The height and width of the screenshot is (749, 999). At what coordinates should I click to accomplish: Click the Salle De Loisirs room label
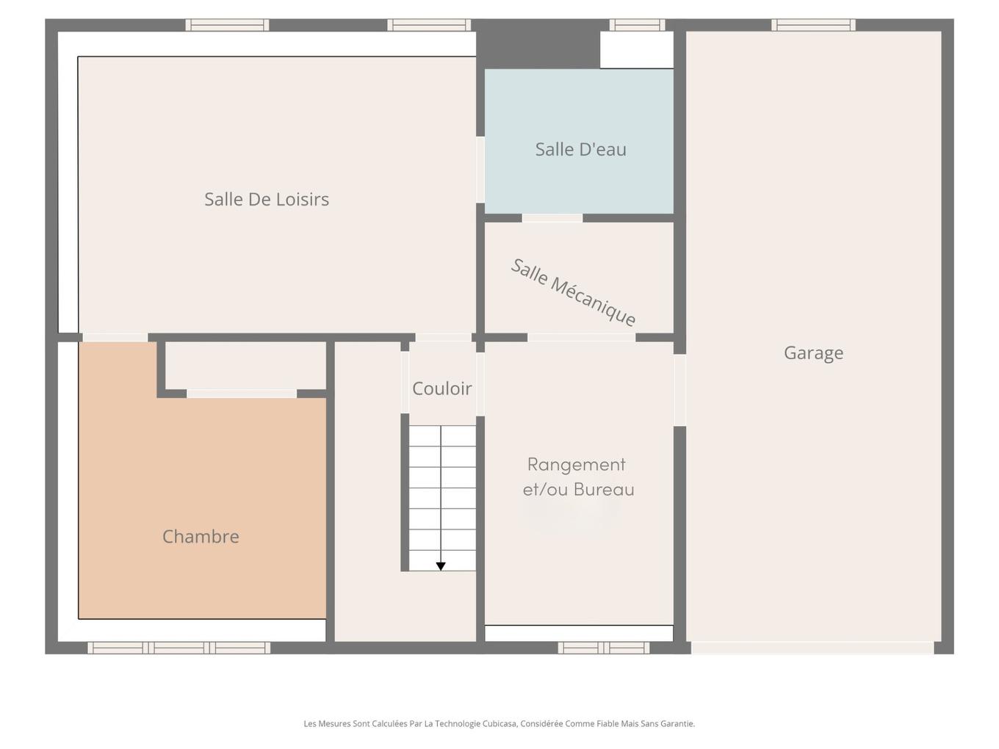pos(266,199)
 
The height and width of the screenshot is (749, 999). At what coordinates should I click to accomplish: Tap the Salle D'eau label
pos(580,149)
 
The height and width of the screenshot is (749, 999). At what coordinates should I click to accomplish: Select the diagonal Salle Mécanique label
pos(573,292)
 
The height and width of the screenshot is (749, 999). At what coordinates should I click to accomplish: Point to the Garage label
pos(813,353)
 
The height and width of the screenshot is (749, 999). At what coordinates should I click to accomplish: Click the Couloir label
pos(441,388)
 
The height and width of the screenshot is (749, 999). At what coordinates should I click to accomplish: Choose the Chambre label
pos(201,537)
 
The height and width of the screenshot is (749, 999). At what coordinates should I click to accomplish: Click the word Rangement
pos(576,465)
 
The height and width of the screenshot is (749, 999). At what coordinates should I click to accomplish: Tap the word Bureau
pos(604,489)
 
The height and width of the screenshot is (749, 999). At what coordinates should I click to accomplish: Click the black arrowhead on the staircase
pos(441,566)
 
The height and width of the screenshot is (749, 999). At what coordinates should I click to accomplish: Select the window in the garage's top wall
pos(813,25)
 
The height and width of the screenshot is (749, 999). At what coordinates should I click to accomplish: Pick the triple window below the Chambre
pos(178,648)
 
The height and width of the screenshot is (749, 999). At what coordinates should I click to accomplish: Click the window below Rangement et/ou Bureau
pos(604,648)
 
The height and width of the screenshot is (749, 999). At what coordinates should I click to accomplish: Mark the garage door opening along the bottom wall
pos(812,648)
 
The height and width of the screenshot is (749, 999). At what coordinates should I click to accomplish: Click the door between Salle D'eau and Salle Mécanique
pos(552,218)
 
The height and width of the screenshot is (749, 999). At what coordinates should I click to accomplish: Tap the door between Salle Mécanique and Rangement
pos(581,338)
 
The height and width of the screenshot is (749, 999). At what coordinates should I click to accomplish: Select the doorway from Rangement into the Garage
pos(679,390)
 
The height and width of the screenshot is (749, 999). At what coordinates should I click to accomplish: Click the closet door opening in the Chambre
pos(242,394)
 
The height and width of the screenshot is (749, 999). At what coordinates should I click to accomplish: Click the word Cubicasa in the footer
pos(501,723)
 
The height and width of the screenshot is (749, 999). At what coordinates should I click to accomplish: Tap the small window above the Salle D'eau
pos(637,25)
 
